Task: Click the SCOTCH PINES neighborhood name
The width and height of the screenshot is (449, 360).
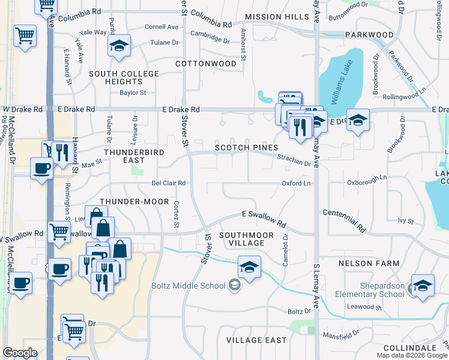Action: (x=247, y=148)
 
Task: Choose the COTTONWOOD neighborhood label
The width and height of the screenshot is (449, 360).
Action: (x=206, y=63)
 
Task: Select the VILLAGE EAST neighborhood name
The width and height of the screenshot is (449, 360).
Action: (x=256, y=340)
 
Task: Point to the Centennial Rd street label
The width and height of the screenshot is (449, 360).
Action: (x=344, y=221)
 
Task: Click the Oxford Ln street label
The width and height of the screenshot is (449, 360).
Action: (x=297, y=183)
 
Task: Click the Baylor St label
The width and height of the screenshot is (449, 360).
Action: (x=133, y=92)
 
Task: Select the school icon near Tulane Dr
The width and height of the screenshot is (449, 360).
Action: (x=119, y=45)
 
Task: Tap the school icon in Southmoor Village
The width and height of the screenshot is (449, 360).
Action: (x=249, y=266)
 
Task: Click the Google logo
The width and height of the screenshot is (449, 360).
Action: (x=20, y=353)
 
